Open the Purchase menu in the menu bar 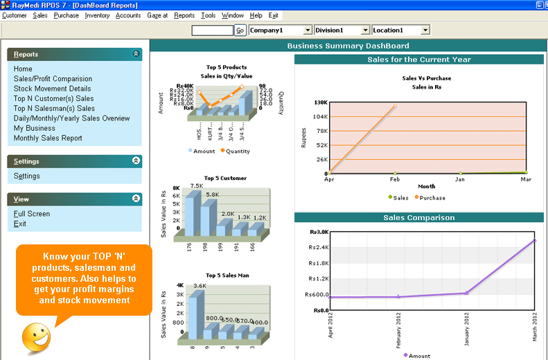tap(66, 15)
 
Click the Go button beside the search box tap(240, 30)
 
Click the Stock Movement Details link tap(52, 89)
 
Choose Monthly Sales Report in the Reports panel tap(48, 138)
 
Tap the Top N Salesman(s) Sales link tap(54, 108)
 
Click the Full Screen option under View tap(32, 214)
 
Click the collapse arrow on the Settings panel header tap(136, 161)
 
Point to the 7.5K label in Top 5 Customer tap(197, 186)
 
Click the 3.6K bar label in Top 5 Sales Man tap(200, 286)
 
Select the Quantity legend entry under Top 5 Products tap(236, 151)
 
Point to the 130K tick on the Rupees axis tap(320, 102)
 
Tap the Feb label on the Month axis tap(394, 179)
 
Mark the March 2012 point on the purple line tap(534, 240)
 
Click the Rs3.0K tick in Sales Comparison tap(319, 232)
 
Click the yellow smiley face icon tap(36, 336)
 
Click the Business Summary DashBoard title tap(348, 46)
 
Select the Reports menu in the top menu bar tap(184, 15)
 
